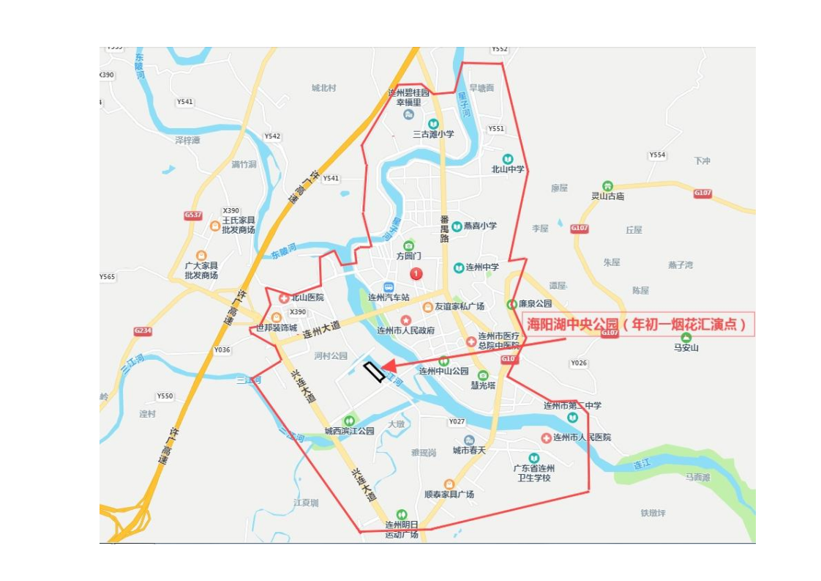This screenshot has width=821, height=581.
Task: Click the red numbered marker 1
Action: pyautogui.click(x=416, y=274)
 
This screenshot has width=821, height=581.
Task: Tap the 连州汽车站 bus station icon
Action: pyautogui.click(x=389, y=287)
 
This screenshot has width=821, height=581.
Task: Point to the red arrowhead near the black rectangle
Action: pyautogui.click(x=389, y=366)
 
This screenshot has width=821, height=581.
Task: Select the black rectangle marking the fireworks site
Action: pyautogui.click(x=374, y=372)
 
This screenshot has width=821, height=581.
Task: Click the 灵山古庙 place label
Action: pyautogui.click(x=607, y=196)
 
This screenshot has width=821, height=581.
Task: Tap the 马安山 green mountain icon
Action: pyautogui.click(x=686, y=337)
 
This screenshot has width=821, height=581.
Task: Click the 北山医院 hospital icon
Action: pyautogui.click(x=284, y=297)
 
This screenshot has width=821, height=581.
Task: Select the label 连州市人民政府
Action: pyautogui.click(x=405, y=330)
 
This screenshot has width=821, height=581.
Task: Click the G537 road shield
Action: pyautogui.click(x=193, y=215)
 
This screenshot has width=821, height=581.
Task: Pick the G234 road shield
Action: pyautogui.click(x=143, y=331)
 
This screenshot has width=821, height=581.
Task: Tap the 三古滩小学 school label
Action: pyautogui.click(x=433, y=134)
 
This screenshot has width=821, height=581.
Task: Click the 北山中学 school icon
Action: pyautogui.click(x=508, y=159)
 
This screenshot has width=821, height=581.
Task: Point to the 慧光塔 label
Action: pyautogui.click(x=483, y=385)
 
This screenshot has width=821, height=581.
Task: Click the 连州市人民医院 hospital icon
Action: pyautogui.click(x=546, y=437)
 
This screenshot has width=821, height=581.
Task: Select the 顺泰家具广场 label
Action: pyautogui.click(x=449, y=494)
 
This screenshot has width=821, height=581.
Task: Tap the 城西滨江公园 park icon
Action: pyautogui.click(x=350, y=421)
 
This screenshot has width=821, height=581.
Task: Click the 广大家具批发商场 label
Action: pyautogui.click(x=201, y=270)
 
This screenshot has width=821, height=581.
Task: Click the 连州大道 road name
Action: pyautogui.click(x=321, y=330)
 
